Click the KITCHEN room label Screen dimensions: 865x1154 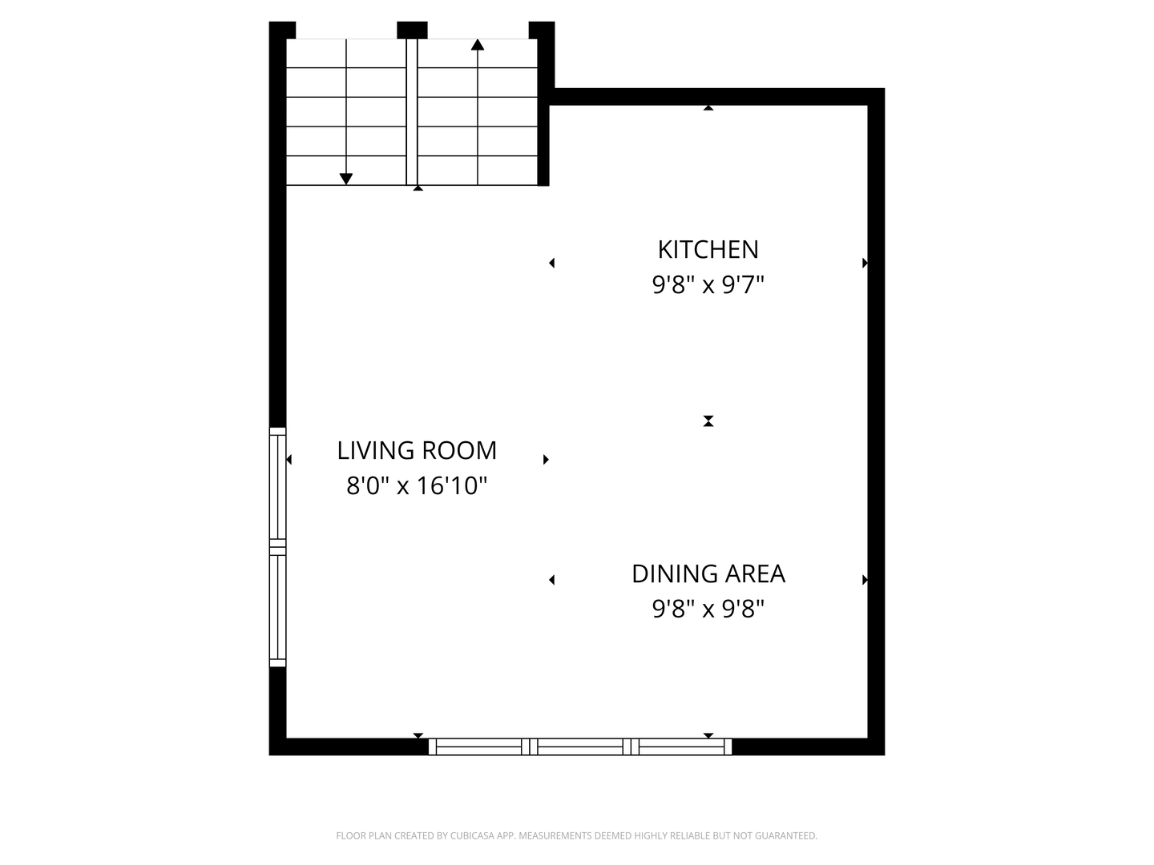click(x=708, y=250)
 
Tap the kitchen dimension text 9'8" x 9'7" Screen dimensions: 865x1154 click(x=708, y=285)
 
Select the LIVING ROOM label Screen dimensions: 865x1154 click(x=417, y=451)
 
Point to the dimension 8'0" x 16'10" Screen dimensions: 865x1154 click(x=417, y=486)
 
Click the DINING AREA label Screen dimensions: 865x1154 click(x=708, y=574)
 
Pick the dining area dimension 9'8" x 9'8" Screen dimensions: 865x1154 click(x=708, y=610)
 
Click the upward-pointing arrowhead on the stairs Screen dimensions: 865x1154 click(x=478, y=45)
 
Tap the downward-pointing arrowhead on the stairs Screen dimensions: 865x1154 click(x=346, y=179)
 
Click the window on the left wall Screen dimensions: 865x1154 click(x=277, y=547)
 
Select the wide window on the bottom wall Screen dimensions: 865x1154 click(x=580, y=746)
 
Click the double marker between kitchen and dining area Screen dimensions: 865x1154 click(x=708, y=421)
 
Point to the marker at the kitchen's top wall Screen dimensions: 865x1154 click(x=708, y=107)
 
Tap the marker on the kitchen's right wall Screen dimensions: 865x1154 click(x=865, y=263)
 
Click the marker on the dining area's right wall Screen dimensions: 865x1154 click(x=865, y=580)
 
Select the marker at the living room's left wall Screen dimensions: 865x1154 click(x=288, y=460)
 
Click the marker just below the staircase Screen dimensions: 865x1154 click(x=418, y=188)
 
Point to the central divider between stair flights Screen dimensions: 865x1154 click(x=412, y=112)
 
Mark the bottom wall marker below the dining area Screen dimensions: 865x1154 click(x=708, y=735)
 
